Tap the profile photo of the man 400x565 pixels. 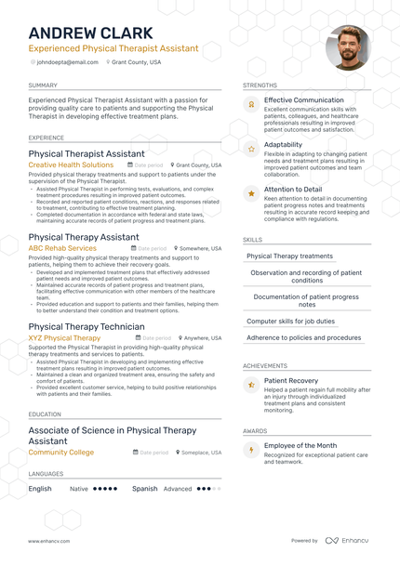tap(347, 48)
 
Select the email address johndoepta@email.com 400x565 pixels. tap(67, 62)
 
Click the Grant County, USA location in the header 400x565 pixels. tap(137, 62)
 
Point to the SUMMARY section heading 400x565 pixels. tap(43, 85)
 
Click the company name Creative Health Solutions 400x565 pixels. tap(71, 164)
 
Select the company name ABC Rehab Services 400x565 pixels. tap(62, 248)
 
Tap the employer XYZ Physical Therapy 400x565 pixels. tap(64, 338)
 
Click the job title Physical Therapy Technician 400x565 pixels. tap(86, 327)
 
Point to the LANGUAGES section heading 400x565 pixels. tap(46, 474)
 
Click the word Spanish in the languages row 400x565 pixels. tap(144, 488)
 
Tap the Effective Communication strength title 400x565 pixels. tap(303, 100)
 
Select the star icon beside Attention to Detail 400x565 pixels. tap(251, 193)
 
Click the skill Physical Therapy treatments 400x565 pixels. tap(289, 256)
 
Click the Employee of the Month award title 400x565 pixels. tap(300, 446)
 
